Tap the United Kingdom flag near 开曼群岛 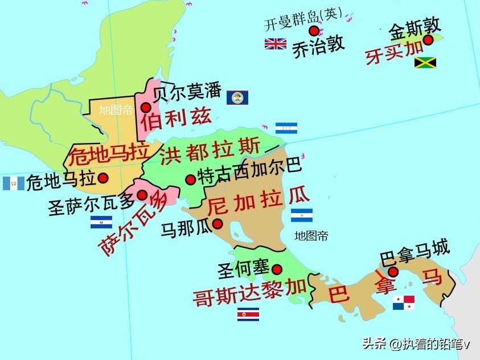[x=276, y=44]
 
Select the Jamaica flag [x=425, y=63]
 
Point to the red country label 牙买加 [x=395, y=53]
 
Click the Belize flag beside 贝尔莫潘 [x=237, y=97]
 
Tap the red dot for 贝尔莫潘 [x=146, y=107]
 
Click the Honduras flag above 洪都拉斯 [x=286, y=128]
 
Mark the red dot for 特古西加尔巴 [x=191, y=179]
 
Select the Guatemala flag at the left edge [x=13, y=183]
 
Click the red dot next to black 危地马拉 [x=103, y=178]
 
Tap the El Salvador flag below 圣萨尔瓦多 [x=101, y=222]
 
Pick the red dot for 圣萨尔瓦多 [x=142, y=195]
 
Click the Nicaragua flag [x=302, y=215]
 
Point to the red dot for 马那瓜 [x=218, y=224]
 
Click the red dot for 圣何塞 [x=277, y=269]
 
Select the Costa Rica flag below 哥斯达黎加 [x=248, y=314]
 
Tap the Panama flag [x=404, y=302]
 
